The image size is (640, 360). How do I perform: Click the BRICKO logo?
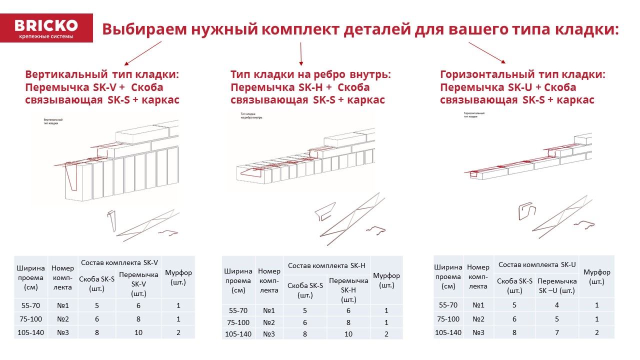click(x=46, y=28)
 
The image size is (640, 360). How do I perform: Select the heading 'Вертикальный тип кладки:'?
click(x=101, y=74)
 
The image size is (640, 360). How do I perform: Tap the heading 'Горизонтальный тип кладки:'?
click(x=522, y=74)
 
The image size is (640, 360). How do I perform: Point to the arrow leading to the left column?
click(x=143, y=53)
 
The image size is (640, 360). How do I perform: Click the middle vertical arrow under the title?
click(x=301, y=54)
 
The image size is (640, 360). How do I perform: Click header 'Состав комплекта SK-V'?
click(x=119, y=262)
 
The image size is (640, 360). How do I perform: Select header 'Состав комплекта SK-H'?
click(x=327, y=265)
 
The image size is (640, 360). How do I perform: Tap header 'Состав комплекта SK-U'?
click(x=537, y=264)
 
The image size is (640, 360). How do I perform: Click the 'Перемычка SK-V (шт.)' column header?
click(x=139, y=283)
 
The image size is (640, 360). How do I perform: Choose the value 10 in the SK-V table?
click(x=138, y=332)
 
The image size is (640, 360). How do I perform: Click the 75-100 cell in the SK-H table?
click(x=238, y=322)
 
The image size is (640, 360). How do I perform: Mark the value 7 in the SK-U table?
click(x=557, y=332)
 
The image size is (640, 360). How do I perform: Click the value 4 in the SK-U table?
click(x=557, y=305)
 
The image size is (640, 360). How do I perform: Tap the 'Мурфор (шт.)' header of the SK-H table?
click(x=386, y=280)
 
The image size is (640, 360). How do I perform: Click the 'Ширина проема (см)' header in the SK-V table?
click(x=30, y=277)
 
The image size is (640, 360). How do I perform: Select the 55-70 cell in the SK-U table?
click(x=448, y=305)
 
